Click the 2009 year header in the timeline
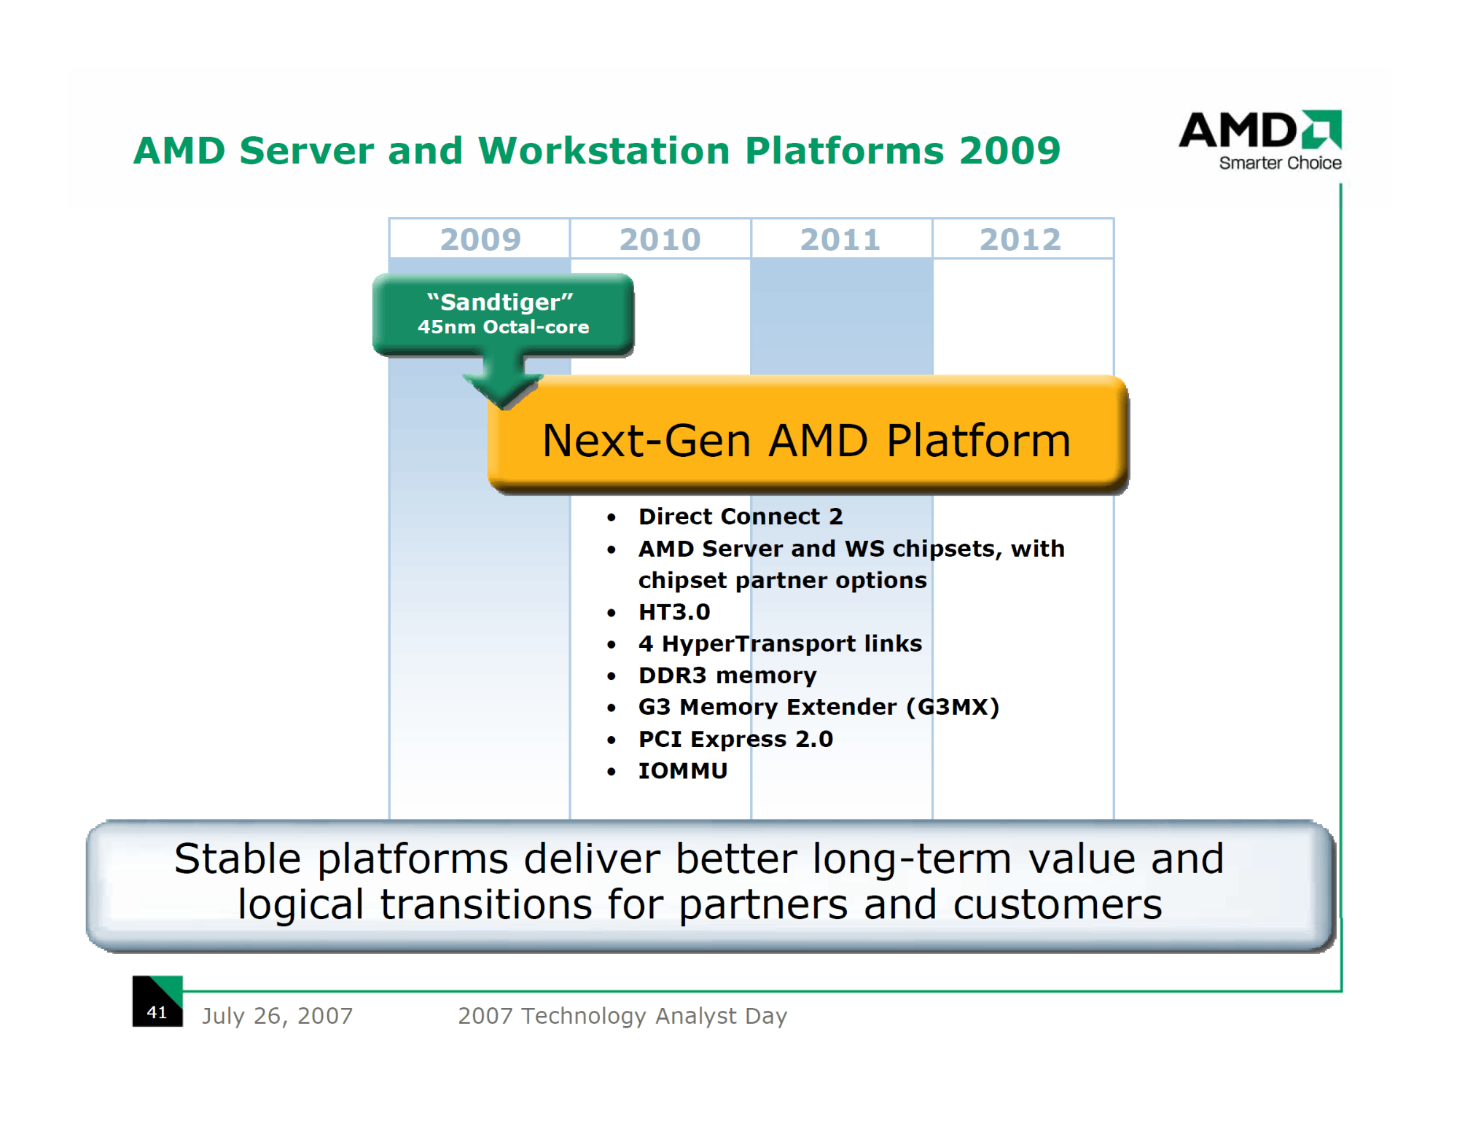(480, 239)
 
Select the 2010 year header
(660, 239)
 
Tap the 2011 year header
(840, 239)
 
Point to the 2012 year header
(1020, 239)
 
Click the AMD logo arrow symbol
(1322, 129)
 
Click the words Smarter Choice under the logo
(1281, 163)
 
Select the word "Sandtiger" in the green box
(500, 302)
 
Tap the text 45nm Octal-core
(503, 327)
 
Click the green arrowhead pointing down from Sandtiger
(503, 390)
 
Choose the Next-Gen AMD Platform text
(807, 440)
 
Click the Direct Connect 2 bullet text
(741, 516)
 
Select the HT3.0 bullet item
(674, 611)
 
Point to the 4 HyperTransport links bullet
(780, 644)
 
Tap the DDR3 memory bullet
(727, 676)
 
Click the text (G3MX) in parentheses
(953, 707)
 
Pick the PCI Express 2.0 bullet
(735, 739)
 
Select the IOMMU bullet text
(683, 770)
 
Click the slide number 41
(157, 1012)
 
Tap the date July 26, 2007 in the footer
(277, 1015)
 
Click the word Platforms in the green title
(844, 150)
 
